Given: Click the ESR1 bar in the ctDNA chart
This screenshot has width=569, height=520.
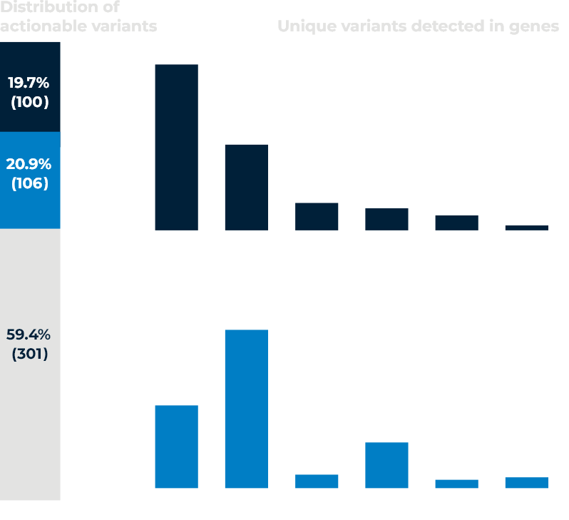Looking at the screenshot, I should (x=176, y=147).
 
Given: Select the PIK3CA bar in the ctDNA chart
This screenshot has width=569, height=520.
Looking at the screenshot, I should (x=246, y=187).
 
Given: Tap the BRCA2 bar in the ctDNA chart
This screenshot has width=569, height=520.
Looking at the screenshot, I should (x=317, y=217).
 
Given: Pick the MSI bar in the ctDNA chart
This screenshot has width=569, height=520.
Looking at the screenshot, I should (x=527, y=228).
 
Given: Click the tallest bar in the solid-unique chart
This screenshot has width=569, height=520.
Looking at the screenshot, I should (x=246, y=409).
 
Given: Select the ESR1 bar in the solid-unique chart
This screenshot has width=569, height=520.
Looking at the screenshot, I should (x=176, y=447).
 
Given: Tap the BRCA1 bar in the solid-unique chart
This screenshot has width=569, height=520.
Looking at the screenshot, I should (x=456, y=484).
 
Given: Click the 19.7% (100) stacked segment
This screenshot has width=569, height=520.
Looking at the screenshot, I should (x=30, y=87).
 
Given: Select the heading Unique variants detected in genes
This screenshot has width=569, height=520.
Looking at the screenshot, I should (x=418, y=26).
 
